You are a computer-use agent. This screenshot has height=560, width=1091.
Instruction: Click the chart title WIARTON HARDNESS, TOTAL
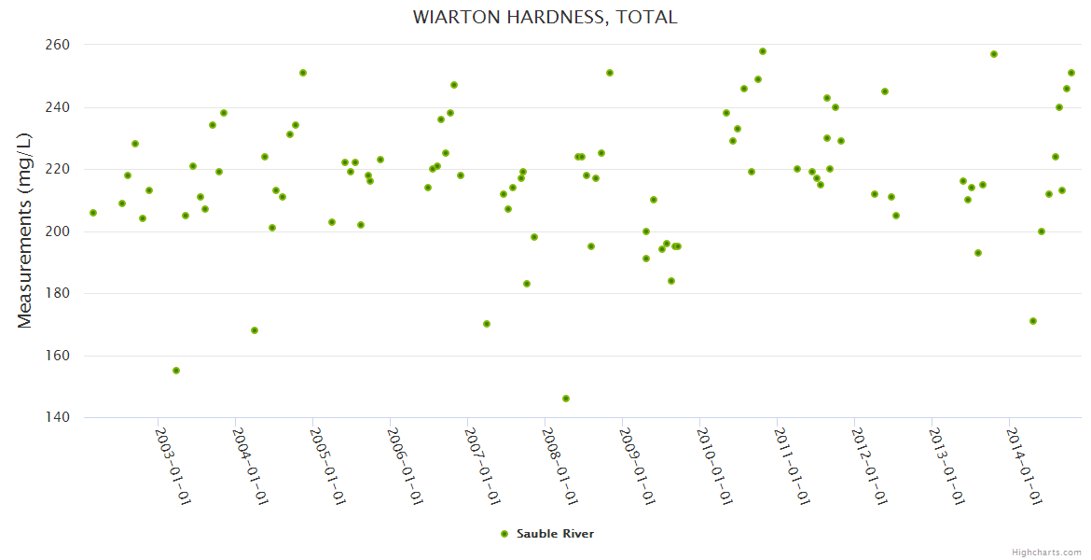tap(545, 18)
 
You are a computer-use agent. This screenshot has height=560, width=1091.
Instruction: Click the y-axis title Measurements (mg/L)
tap(25, 231)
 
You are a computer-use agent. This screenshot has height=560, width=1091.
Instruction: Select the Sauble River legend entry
tap(547, 534)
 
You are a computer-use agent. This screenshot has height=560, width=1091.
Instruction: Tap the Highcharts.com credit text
tap(1046, 552)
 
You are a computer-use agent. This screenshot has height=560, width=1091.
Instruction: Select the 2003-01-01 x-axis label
tap(173, 467)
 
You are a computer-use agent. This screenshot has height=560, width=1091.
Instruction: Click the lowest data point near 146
tap(566, 399)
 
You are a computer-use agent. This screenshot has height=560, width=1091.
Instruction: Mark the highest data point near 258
tap(763, 51)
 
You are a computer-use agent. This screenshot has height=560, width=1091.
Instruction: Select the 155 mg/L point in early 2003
tap(176, 371)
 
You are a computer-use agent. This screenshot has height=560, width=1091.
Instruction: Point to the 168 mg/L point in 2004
tap(255, 330)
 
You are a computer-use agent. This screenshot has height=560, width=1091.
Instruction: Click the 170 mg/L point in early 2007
tap(487, 324)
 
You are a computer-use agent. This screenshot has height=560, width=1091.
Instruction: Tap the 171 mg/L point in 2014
tap(1033, 321)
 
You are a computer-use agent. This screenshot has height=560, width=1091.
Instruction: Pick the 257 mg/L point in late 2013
tap(994, 54)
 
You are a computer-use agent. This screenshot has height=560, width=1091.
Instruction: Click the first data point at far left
tap(93, 213)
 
